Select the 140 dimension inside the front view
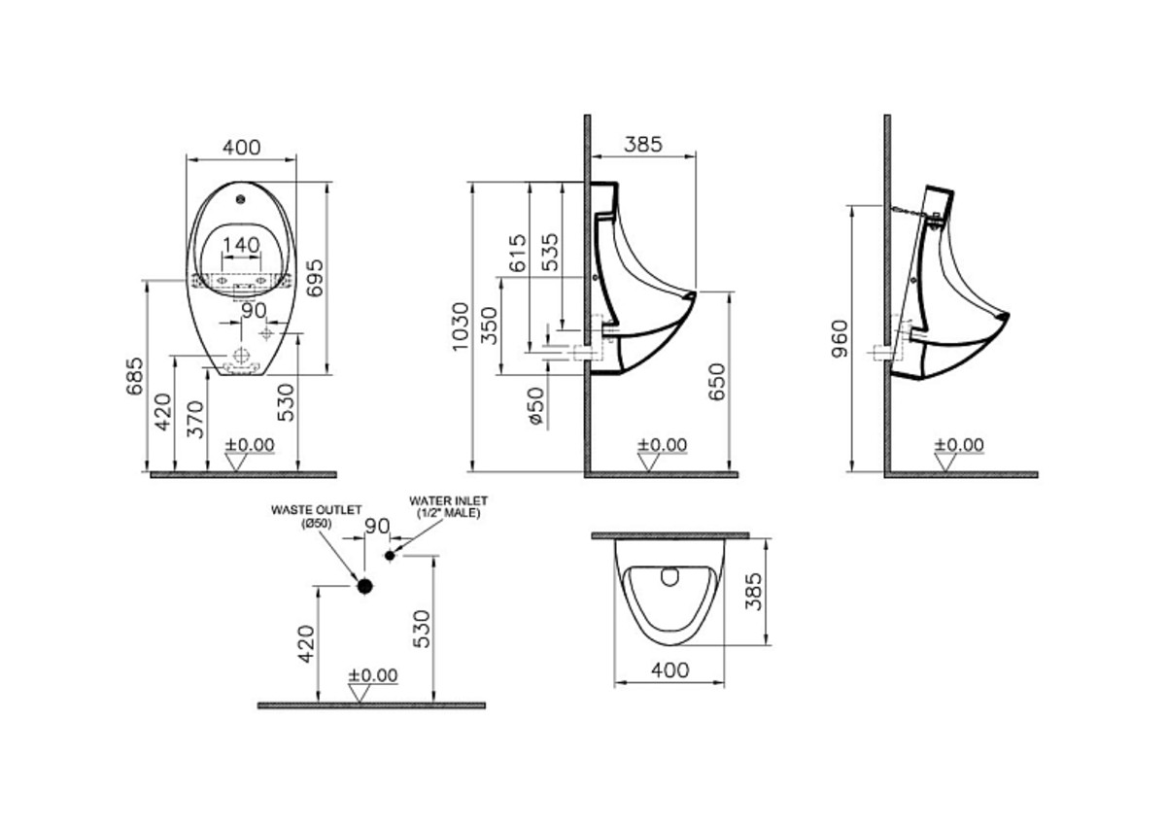click(241, 245)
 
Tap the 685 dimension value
click(135, 375)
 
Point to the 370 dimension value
click(195, 419)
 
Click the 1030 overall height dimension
click(462, 326)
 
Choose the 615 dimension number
click(518, 253)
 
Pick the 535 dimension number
click(550, 253)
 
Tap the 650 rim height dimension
click(717, 384)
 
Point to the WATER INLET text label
click(448, 505)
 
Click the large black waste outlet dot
click(364, 586)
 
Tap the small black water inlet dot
click(391, 555)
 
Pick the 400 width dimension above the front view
click(241, 147)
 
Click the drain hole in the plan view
click(669, 577)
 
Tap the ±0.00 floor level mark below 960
click(959, 446)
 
